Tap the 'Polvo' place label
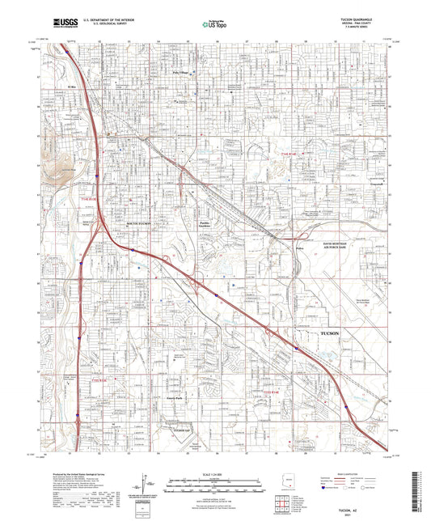tap(300, 248)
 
